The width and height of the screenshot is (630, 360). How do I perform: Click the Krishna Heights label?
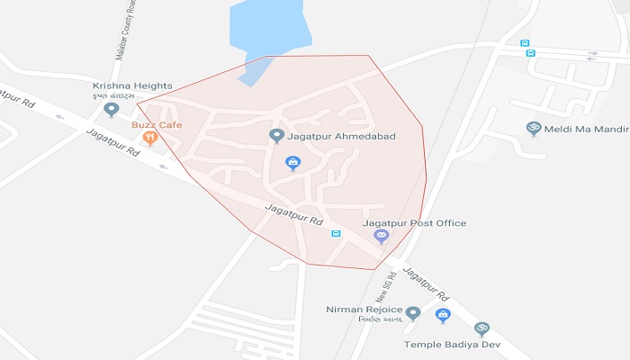coord(113,86)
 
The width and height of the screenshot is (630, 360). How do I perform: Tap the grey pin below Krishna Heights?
coord(112,110)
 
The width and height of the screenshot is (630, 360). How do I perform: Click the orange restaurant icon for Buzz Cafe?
coord(149,139)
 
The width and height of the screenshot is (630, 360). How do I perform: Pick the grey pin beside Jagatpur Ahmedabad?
coord(276,136)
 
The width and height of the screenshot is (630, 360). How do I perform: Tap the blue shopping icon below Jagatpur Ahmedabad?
coord(292,163)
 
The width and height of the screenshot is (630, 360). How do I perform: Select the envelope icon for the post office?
coord(382,236)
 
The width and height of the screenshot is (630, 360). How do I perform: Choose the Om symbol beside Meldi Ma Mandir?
coord(532,129)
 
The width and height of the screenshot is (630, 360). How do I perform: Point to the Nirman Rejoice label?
coord(364,310)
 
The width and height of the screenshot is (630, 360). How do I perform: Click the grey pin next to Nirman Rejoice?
coord(413,313)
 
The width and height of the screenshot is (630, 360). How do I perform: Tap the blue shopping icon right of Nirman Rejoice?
coord(443,315)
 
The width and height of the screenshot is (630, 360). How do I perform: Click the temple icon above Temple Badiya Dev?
coord(481,328)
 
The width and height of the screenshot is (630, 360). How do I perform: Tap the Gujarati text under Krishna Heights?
coord(113,96)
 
